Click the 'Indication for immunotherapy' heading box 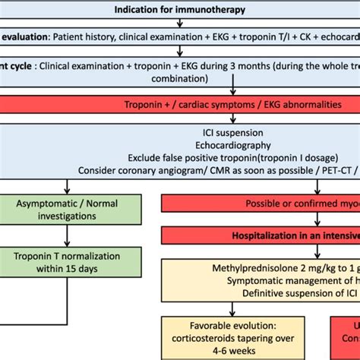180,10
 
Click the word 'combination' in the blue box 179,78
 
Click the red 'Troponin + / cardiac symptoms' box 180,105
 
